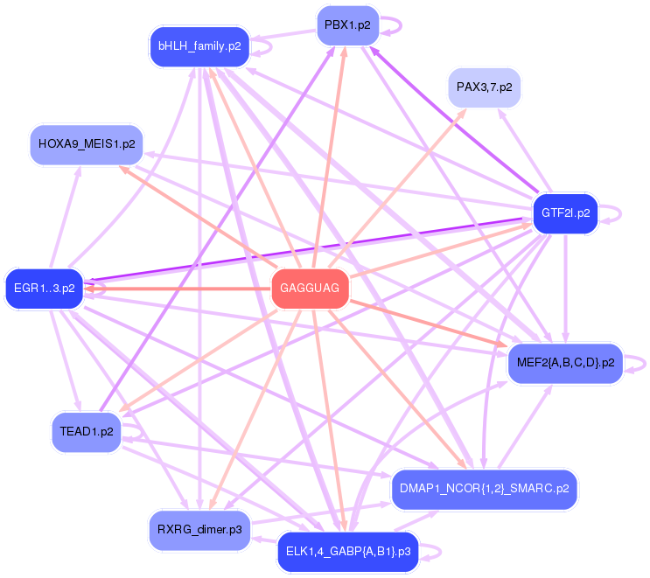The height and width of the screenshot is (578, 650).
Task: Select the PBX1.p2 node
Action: [x=347, y=25]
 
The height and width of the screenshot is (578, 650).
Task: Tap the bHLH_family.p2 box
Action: [x=199, y=45]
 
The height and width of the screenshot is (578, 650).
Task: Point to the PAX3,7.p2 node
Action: [x=484, y=87]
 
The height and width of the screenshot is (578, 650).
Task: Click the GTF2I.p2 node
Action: [x=565, y=212]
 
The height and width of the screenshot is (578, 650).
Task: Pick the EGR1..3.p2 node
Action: [x=44, y=288]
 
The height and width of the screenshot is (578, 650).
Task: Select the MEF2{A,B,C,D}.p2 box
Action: [x=565, y=361]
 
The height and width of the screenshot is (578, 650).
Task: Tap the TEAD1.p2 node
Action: [x=87, y=431]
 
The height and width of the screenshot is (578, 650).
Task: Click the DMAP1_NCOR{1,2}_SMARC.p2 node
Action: [x=484, y=487]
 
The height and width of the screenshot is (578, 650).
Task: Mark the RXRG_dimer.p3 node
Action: [x=199, y=530]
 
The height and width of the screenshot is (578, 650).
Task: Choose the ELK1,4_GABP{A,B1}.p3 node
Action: [x=347, y=551]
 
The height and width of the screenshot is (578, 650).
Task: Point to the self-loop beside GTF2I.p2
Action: [x=614, y=212]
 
